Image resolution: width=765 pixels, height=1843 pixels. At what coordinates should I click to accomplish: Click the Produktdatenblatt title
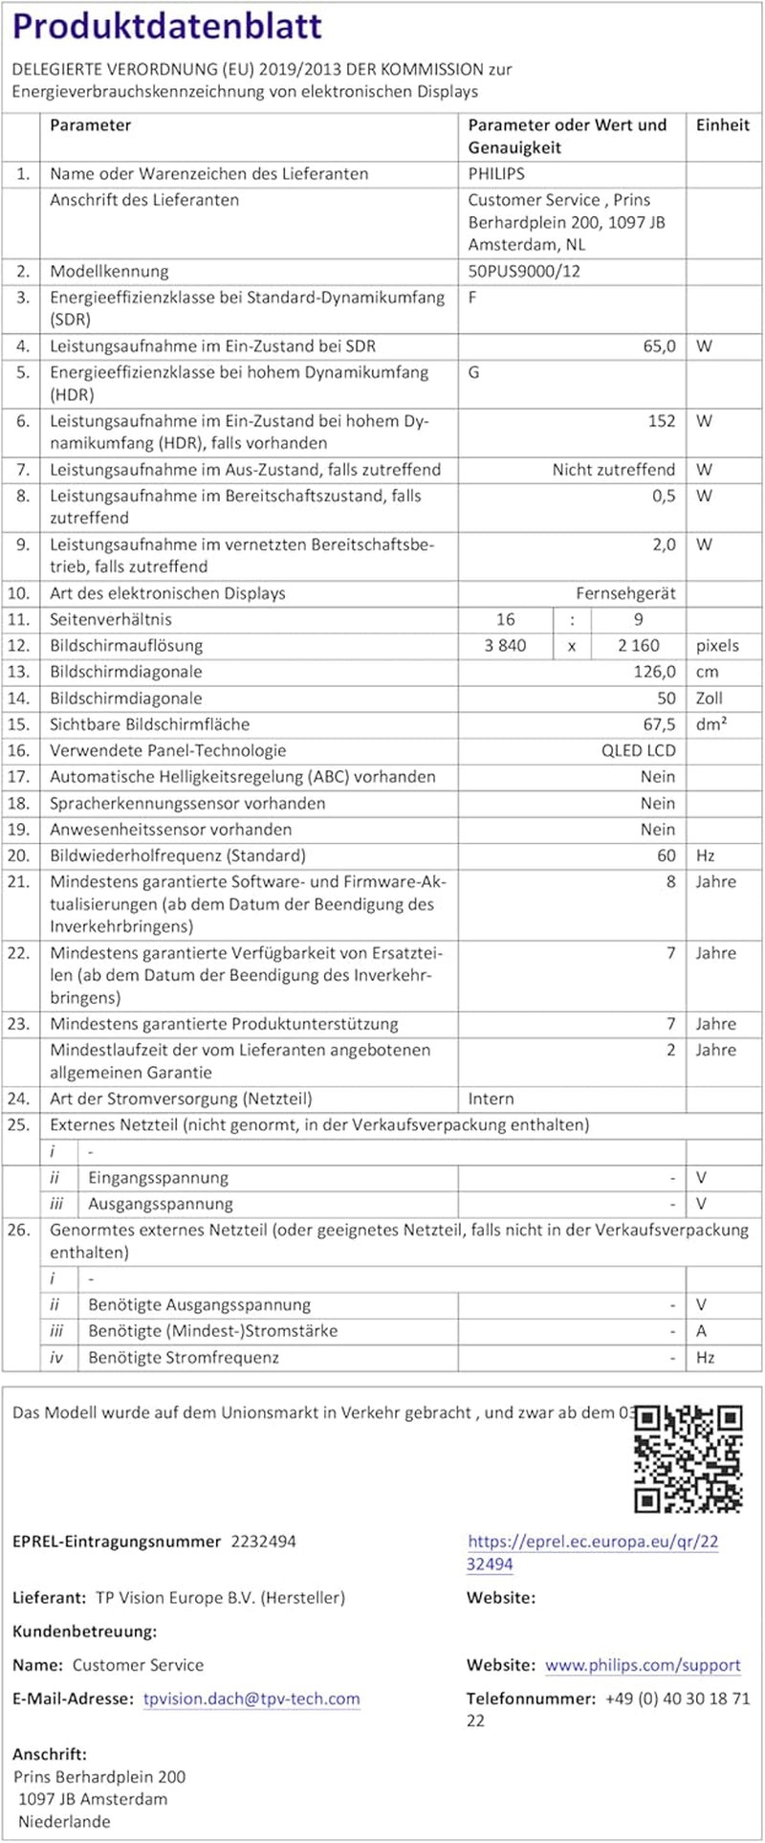pyautogui.click(x=167, y=26)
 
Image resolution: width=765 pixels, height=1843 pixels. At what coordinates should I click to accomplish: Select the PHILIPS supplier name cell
pyautogui.click(x=496, y=174)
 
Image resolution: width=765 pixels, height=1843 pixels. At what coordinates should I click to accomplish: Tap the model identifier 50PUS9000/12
pyautogui.click(x=524, y=271)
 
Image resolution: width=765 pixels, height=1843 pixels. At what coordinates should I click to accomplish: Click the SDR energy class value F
pyautogui.click(x=473, y=297)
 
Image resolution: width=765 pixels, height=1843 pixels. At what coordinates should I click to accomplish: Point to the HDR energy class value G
pyautogui.click(x=474, y=372)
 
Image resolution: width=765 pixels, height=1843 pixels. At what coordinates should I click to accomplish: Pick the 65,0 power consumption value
pyautogui.click(x=659, y=346)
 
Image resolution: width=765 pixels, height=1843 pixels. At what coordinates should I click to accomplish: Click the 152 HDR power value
pyautogui.click(x=662, y=421)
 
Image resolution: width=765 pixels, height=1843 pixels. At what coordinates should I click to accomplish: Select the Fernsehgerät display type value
pyautogui.click(x=625, y=593)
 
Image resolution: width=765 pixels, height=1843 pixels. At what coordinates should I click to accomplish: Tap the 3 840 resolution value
pyautogui.click(x=505, y=646)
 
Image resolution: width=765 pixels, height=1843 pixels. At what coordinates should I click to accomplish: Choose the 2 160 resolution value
pyautogui.click(x=638, y=646)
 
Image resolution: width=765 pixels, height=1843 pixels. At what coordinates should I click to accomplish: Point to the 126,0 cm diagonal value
pyautogui.click(x=654, y=672)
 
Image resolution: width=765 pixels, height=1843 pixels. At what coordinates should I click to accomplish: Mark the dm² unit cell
pyautogui.click(x=711, y=724)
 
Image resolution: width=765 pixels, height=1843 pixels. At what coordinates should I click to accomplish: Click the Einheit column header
pyautogui.click(x=723, y=125)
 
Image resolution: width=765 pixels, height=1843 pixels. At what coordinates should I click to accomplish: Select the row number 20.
pyautogui.click(x=19, y=855)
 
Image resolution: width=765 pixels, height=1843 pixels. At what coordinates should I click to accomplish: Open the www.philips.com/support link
pyautogui.click(x=643, y=1665)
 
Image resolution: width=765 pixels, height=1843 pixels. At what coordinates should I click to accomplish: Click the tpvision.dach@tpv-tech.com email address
pyautogui.click(x=251, y=1699)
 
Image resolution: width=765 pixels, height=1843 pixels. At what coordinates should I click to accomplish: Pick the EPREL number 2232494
pyautogui.click(x=264, y=1542)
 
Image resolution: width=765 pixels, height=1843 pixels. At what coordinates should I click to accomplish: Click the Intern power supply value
pyautogui.click(x=491, y=1099)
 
